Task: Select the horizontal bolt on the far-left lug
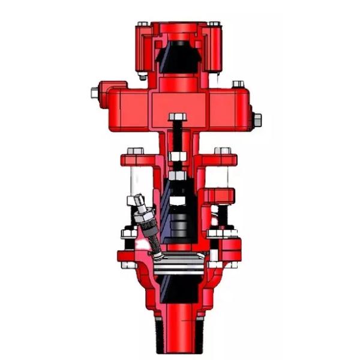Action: [95, 92]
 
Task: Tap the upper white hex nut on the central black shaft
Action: [178, 157]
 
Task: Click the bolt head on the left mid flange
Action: [134, 151]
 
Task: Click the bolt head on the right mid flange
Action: [223, 151]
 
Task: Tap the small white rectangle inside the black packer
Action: [178, 197]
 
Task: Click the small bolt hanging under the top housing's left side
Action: [143, 76]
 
